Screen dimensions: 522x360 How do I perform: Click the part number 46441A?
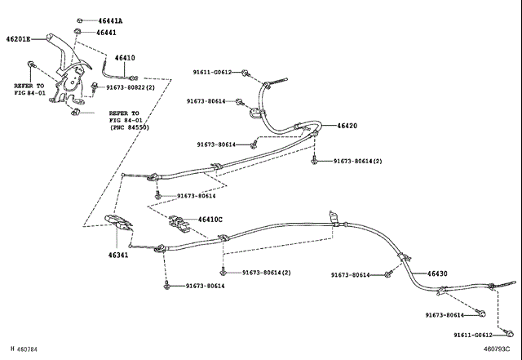pyautogui.click(x=110, y=20)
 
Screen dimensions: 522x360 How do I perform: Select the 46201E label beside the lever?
pyautogui.click(x=18, y=39)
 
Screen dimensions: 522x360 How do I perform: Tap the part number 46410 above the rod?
pyautogui.click(x=125, y=58)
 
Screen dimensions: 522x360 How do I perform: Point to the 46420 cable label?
pyautogui.click(x=347, y=126)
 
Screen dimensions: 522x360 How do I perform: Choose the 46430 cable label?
pyautogui.click(x=437, y=273)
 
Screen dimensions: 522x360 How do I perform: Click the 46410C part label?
pyautogui.click(x=210, y=220)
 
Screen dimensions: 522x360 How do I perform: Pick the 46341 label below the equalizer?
pyautogui.click(x=117, y=256)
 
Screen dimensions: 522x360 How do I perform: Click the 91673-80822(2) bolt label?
pyautogui.click(x=130, y=87)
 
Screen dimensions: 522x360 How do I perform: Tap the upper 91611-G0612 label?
pyautogui.click(x=212, y=72)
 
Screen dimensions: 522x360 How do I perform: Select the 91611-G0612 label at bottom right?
pyautogui.click(x=473, y=335)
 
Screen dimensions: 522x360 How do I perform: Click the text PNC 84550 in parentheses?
pyautogui.click(x=130, y=127)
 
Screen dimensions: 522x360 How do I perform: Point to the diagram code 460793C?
pyautogui.click(x=497, y=349)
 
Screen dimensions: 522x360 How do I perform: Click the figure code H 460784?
pyautogui.click(x=24, y=349)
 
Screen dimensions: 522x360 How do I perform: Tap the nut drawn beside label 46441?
pyautogui.click(x=77, y=31)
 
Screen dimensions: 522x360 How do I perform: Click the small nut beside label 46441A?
pyautogui.click(x=80, y=20)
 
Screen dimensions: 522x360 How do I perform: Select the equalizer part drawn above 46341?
pyautogui.click(x=118, y=223)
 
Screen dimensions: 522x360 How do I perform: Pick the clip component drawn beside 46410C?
pyautogui.click(x=179, y=224)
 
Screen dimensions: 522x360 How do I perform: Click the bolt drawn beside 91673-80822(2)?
pyautogui.click(x=95, y=87)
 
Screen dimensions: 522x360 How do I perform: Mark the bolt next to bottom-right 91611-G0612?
pyautogui.click(x=508, y=333)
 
